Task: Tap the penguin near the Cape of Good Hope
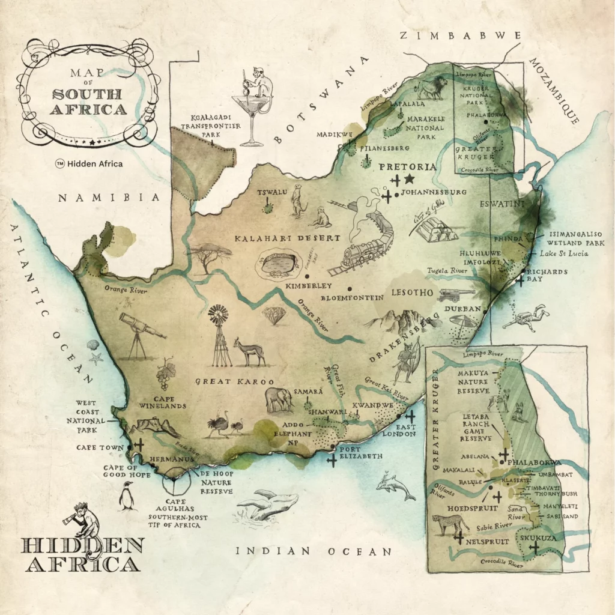coord(127,497)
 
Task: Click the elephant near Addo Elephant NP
coord(278,399)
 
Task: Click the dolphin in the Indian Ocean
coord(395,486)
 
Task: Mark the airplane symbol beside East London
coord(410,416)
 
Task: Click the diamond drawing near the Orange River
coord(274,315)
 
